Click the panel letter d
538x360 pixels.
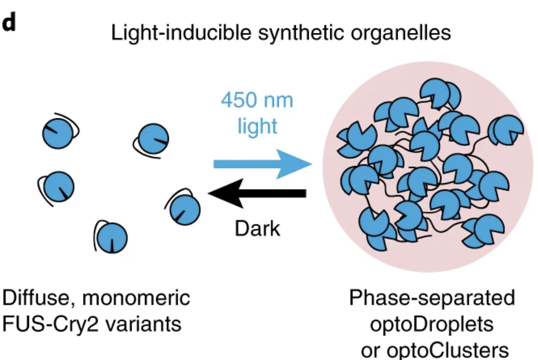[x=9, y=24]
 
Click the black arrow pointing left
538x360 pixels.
[x=258, y=193]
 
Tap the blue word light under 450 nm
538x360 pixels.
[x=257, y=126]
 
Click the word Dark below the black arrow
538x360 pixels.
[x=257, y=228]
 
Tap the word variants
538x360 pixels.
[x=145, y=324]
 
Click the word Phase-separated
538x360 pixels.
[x=432, y=298]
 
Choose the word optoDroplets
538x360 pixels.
[x=432, y=324]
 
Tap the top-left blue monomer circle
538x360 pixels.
[x=57, y=133]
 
